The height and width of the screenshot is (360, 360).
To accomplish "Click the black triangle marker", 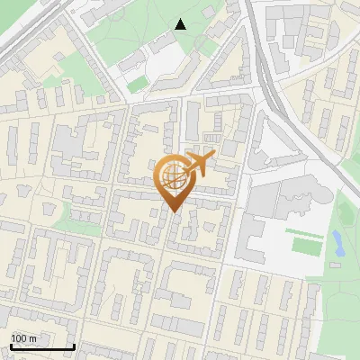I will click(x=180, y=24).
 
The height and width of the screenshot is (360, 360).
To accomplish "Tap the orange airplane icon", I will click(x=200, y=165).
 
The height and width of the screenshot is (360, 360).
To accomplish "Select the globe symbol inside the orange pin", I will click(x=173, y=176).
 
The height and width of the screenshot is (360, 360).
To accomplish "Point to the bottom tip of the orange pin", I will click(x=173, y=211).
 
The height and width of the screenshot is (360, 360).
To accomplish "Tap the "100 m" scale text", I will click(x=23, y=338).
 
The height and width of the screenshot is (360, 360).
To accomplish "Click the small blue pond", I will click(x=337, y=240).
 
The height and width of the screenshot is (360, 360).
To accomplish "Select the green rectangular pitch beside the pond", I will click(x=306, y=244).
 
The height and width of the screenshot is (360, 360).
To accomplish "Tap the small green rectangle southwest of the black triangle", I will click(x=137, y=84).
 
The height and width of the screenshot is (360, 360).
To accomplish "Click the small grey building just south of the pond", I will click(x=335, y=265).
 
